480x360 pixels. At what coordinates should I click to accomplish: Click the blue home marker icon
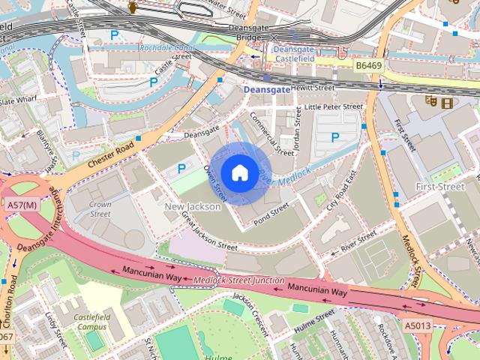click(x=239, y=173)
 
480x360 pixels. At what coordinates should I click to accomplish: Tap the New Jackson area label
click(x=192, y=206)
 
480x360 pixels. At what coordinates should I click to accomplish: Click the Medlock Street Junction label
click(x=238, y=280)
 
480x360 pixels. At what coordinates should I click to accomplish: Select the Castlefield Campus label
click(x=91, y=322)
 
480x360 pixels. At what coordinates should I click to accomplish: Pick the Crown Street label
click(x=100, y=208)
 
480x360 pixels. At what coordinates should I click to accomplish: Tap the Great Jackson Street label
click(x=209, y=231)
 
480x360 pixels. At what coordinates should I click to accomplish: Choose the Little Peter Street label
click(x=333, y=107)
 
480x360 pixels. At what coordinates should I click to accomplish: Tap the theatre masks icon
click(x=431, y=100)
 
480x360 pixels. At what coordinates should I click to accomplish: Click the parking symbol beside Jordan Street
click(x=335, y=137)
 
